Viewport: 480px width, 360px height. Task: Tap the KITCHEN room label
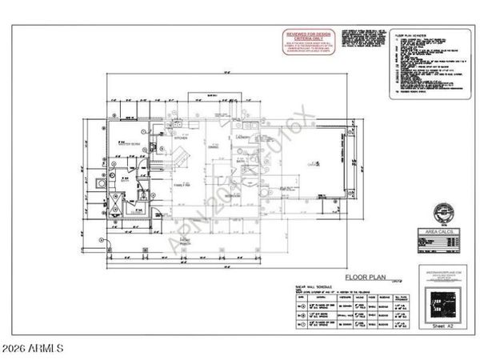(182, 138)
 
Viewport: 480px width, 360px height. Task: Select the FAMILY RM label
(182, 185)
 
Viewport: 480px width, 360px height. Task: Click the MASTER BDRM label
(121, 144)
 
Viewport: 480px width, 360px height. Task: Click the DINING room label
(214, 146)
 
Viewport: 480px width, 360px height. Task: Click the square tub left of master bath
(99, 182)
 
